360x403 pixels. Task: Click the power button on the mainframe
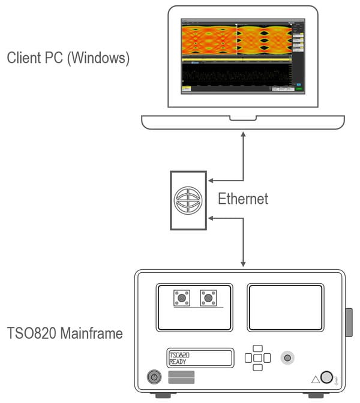[154, 377]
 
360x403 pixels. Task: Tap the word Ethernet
[243, 199]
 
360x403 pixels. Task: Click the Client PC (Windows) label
[68, 59]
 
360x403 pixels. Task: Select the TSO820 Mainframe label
[65, 332]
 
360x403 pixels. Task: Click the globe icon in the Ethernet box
[188, 200]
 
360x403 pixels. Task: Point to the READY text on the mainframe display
[178, 362]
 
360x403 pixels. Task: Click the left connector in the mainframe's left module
[181, 297]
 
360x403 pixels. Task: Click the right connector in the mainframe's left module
[208, 297]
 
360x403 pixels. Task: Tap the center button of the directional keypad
[257, 358]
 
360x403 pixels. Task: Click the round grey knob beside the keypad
[289, 358]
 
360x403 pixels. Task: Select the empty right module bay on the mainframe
[285, 308]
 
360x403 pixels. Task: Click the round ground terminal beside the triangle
[327, 377]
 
